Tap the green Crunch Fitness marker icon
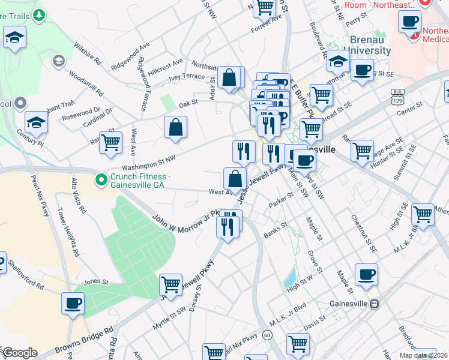(x=101, y=179)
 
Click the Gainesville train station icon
(x=375, y=304)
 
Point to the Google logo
(x=20, y=353)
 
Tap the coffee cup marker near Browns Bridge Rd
(x=73, y=304)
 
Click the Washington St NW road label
(x=149, y=163)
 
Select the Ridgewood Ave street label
(x=125, y=53)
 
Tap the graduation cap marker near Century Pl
(x=37, y=123)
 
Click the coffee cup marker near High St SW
(x=366, y=275)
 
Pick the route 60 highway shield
(x=267, y=335)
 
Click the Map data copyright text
(x=424, y=355)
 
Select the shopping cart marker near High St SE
(x=423, y=214)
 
